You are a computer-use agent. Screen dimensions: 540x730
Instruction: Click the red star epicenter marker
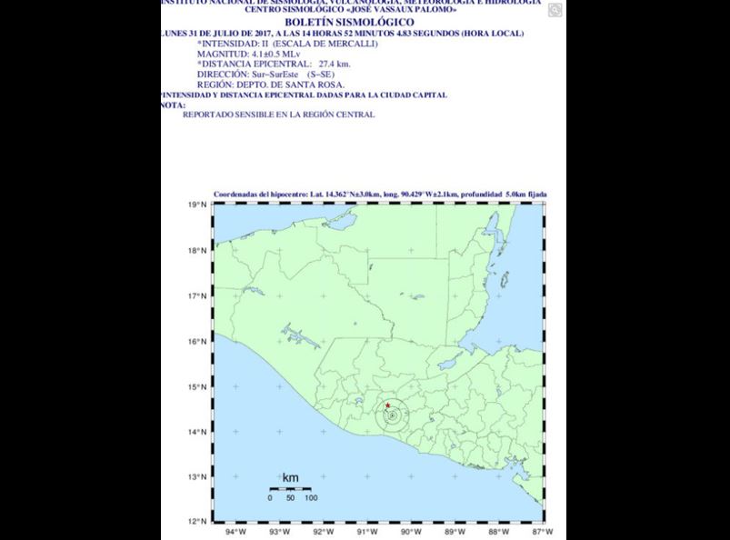[388, 405]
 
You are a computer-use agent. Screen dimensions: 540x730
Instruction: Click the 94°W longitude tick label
[235, 532]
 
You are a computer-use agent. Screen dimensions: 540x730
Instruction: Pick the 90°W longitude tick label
[411, 532]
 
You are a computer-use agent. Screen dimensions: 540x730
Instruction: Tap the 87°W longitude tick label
[542, 532]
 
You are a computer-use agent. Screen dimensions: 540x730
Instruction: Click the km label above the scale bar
[290, 478]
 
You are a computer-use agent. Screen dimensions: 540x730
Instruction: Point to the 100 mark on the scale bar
[310, 498]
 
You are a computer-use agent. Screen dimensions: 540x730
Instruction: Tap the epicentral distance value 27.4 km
[334, 64]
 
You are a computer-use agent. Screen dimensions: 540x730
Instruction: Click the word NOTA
[172, 105]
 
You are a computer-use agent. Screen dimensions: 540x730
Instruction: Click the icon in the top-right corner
[555, 10]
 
